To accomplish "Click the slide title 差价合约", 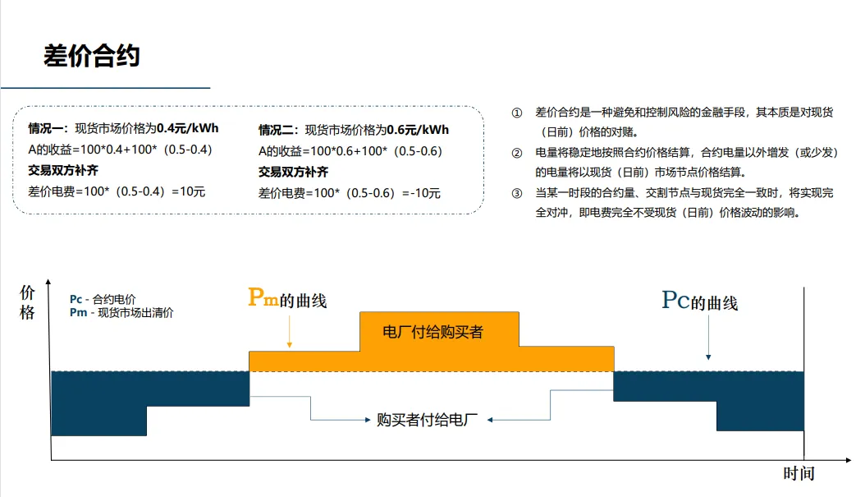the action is (x=92, y=56).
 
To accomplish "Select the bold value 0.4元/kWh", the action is (x=188, y=129).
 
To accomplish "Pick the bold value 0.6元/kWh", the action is (x=418, y=130).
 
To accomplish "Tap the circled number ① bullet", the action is (x=516, y=112).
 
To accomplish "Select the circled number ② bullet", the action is (x=516, y=153).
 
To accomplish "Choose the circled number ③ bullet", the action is (x=516, y=193).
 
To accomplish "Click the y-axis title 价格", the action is (x=28, y=302).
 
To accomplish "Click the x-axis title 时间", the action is (x=799, y=474).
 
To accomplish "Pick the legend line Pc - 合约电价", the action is (x=103, y=300).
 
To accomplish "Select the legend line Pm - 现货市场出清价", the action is (x=121, y=312).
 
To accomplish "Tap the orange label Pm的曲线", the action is (x=287, y=299).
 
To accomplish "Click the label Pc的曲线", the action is (x=699, y=301).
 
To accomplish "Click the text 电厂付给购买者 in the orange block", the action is (x=433, y=332).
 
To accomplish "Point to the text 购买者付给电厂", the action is (x=427, y=420).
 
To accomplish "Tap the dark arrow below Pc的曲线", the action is (x=708, y=340).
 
